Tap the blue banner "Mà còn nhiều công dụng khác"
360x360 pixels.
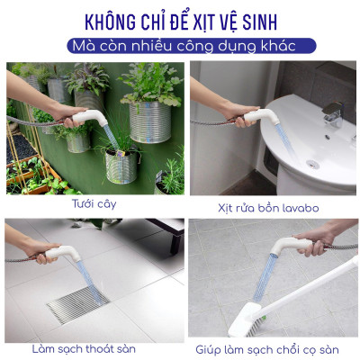click(180, 45)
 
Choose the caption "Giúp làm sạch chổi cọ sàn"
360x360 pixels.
click(269, 348)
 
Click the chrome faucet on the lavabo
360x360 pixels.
click(332, 113)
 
